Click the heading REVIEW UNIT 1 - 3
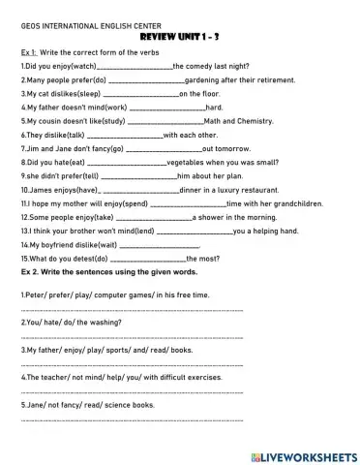[180, 32]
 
